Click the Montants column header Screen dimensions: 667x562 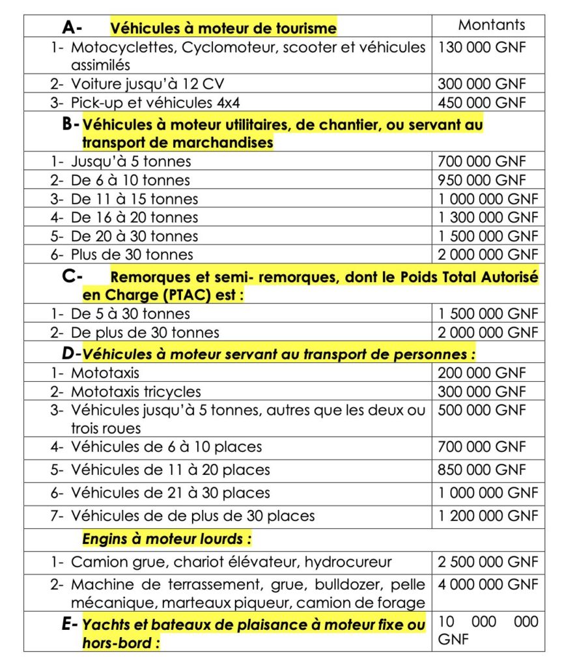(492, 25)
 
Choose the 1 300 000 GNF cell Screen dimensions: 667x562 (488, 217)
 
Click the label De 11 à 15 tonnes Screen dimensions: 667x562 (134, 199)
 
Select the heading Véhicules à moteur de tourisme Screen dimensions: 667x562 (223, 28)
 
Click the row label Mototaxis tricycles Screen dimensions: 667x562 (135, 392)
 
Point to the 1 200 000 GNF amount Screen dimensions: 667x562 (488, 516)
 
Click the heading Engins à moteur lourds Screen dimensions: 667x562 (167, 539)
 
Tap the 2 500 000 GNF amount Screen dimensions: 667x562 (488, 562)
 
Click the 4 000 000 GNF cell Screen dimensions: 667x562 (488, 585)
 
